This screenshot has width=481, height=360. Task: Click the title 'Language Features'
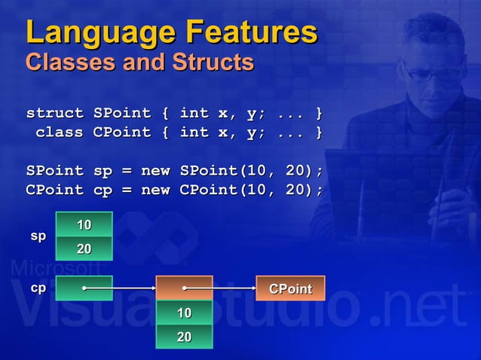171,32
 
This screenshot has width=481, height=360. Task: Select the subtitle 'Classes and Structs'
139,63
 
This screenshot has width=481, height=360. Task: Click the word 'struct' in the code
55,114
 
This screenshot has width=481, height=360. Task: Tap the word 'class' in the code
60,133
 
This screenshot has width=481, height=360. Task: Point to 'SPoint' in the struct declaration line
121,114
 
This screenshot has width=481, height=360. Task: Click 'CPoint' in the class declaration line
121,133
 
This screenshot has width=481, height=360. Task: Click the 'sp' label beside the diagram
38,236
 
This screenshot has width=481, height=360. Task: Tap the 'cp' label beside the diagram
38,288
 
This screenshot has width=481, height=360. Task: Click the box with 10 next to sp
84,224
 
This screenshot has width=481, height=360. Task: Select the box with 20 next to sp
84,248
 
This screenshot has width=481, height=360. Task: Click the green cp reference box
84,288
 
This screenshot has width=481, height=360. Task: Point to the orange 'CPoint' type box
290,288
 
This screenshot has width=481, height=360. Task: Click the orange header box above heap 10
184,288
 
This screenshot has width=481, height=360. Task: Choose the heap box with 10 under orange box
184,313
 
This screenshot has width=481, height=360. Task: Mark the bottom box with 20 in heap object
184,337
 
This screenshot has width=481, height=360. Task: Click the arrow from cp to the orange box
121,288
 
